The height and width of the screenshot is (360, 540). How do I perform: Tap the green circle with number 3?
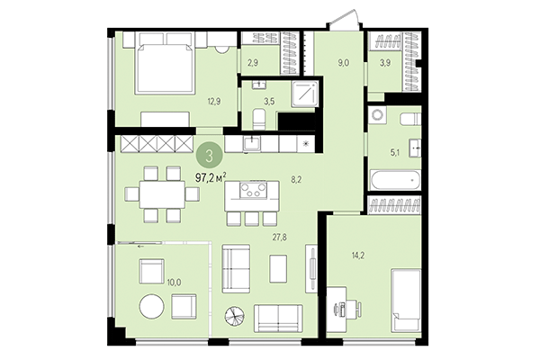(x=210, y=156)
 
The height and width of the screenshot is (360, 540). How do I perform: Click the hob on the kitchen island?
(x=252, y=191)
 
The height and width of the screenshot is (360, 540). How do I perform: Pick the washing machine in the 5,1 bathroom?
(x=378, y=115)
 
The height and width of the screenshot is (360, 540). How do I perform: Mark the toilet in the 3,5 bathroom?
(x=258, y=121)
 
